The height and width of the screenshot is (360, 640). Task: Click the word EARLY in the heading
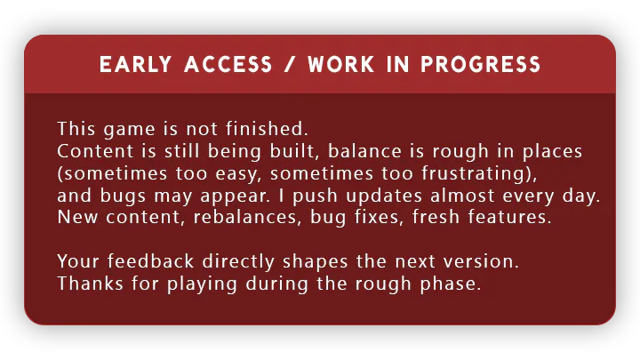pos(135,65)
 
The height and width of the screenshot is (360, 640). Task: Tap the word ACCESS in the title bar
pos(228,65)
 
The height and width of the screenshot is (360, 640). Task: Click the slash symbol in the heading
pos(290,65)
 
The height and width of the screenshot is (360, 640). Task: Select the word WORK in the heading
pos(341,65)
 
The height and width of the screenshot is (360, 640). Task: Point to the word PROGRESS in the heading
pos(481,65)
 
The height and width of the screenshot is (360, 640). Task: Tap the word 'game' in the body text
pos(130,130)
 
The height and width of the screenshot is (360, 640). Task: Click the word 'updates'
pos(384,196)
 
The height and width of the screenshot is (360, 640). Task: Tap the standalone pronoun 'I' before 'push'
pos(281,196)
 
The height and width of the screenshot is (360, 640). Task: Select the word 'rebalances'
pos(245,217)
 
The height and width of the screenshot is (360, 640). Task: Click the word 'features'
pos(506,217)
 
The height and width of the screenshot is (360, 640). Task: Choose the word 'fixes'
pos(377,217)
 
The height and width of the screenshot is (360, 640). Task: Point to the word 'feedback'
pos(150,261)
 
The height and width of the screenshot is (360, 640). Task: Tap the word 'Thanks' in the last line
pos(90,284)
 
